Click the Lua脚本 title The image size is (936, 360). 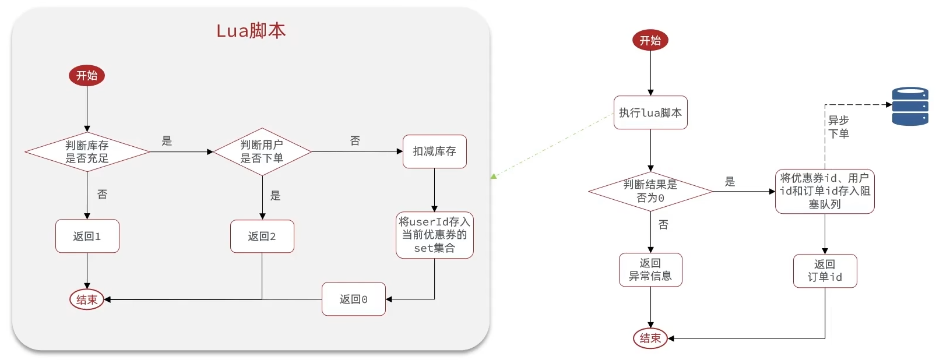point(251,30)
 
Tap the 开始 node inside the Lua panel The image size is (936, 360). point(87,76)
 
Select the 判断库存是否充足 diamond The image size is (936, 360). point(87,152)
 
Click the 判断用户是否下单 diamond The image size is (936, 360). point(262,152)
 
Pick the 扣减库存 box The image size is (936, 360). point(434,151)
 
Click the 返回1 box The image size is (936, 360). point(87,236)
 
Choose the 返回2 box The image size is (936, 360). point(262,236)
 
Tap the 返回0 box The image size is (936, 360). point(353,299)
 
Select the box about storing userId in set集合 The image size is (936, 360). point(434,235)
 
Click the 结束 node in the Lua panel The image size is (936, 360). point(87,299)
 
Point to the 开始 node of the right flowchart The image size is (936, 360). point(650,40)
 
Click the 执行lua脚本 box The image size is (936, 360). point(650,112)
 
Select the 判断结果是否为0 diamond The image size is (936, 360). point(650,191)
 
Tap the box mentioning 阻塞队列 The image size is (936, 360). point(825,191)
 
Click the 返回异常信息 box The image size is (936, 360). point(650,270)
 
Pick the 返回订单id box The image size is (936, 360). point(825,271)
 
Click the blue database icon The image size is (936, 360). point(910,106)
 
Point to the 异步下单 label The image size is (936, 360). point(839,127)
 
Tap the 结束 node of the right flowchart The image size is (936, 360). point(650,338)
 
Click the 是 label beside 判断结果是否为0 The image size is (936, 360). point(730,182)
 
